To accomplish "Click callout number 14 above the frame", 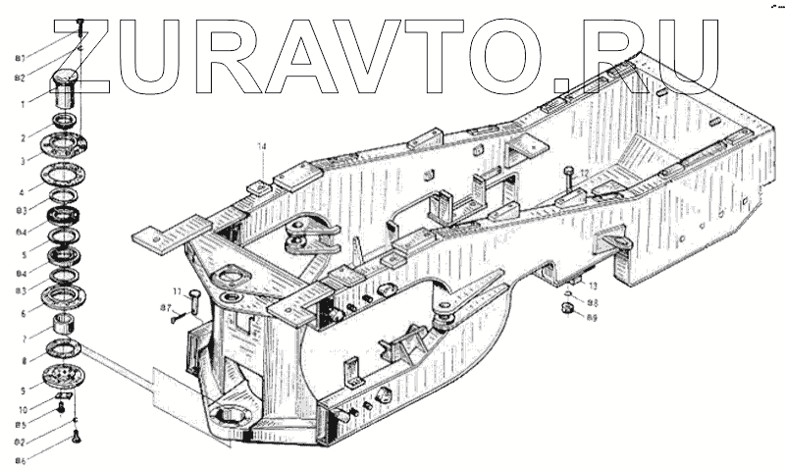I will tap(262, 147).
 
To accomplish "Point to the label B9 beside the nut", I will tap(592, 317).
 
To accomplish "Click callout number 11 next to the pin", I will tap(179, 291).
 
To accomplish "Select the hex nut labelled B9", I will tap(566, 309).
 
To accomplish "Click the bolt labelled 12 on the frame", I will tap(569, 183).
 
